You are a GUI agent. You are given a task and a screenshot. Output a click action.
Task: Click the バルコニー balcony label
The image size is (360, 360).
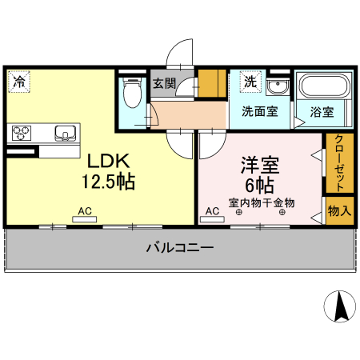coord(179,248)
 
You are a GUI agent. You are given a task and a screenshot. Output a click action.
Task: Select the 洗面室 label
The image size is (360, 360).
coord(259,112)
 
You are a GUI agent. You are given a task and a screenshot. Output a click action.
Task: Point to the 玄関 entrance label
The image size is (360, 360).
coord(164,82)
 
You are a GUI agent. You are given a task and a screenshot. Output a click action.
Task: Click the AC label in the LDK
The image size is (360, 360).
coord(85,212)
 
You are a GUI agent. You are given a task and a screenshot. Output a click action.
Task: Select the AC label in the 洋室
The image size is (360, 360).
coord(213,212)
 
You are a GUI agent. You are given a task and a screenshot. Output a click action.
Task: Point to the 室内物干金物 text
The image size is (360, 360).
coord(261,202)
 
